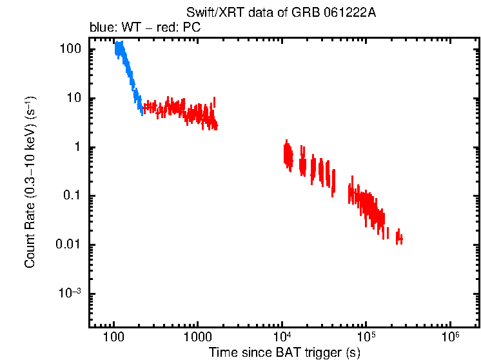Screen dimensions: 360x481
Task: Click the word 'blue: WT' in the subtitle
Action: pyautogui.click(x=110, y=28)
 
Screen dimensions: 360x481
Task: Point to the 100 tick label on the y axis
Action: pyautogui.click(x=69, y=50)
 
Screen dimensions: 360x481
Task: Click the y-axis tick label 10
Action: pyautogui.click(x=72, y=99)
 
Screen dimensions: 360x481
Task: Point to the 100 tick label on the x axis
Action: pyautogui.click(x=113, y=337)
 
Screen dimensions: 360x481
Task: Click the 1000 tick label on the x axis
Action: pyautogui.click(x=197, y=337)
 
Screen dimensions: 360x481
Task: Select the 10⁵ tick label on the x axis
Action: pyautogui.click(x=366, y=337)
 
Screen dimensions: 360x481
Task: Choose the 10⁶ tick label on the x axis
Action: pyautogui.click(x=450, y=337)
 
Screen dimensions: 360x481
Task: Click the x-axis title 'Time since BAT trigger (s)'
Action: pyautogui.click(x=284, y=352)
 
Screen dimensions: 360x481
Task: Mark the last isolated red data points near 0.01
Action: pyautogui.click(x=400, y=237)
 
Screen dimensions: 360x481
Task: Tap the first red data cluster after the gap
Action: pyautogui.click(x=288, y=155)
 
